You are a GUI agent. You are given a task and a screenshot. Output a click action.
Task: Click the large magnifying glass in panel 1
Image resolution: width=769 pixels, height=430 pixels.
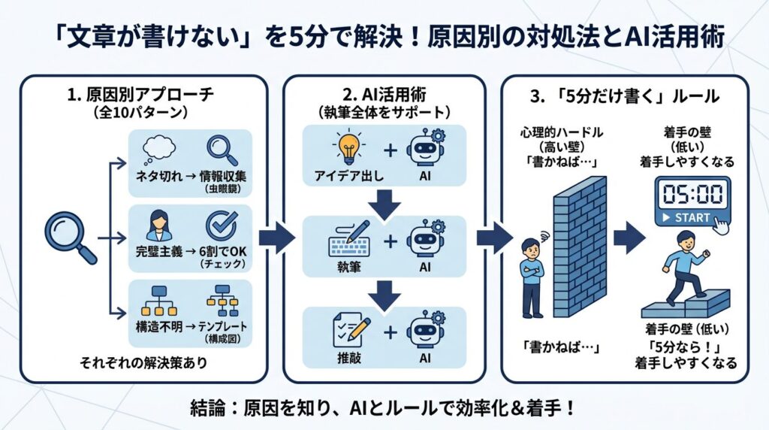tap(69, 235)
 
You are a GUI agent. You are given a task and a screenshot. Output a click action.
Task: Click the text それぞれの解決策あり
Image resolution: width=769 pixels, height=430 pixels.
tap(144, 363)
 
